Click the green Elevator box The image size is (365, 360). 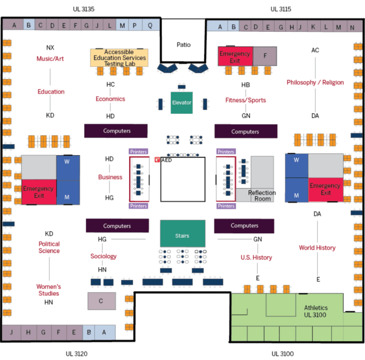pos(181,103)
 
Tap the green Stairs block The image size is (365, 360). pos(182,234)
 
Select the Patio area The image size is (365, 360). pos(183,41)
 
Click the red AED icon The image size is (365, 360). pos(157,160)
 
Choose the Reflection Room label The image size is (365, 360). pos(262,195)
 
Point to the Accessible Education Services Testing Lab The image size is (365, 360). pos(119,58)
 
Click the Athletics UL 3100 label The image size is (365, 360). pos(315,311)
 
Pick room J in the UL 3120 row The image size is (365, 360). pos(11,332)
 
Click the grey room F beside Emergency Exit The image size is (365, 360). pos(265,56)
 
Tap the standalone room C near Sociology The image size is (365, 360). pos(102,301)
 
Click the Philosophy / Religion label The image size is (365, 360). pos(315,82)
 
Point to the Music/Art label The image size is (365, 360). pos(50,59)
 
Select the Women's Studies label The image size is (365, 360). pos(48,290)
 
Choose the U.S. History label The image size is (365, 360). pos(256,257)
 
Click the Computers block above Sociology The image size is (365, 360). pos(117,226)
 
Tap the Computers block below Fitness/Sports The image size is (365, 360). pos(246,131)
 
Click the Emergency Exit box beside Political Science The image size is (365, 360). pos(39,192)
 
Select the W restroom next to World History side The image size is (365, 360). pos(297,166)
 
